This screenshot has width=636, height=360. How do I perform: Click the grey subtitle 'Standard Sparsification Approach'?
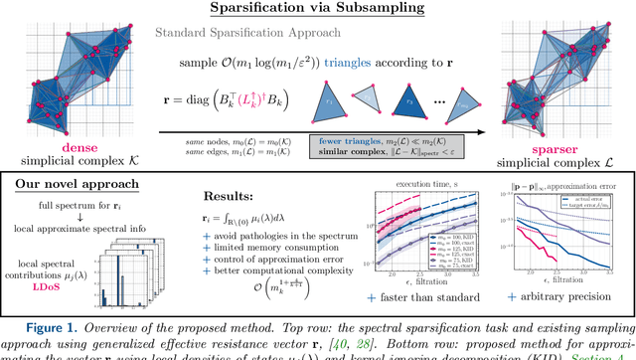(x=256, y=33)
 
